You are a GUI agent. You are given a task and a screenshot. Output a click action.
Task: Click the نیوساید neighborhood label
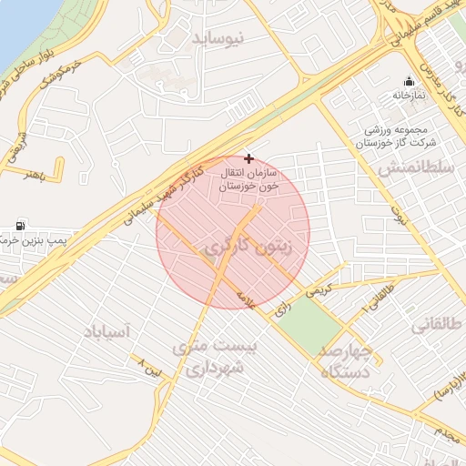coord(218,38)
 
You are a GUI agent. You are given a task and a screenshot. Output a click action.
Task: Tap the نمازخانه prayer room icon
coord(409,81)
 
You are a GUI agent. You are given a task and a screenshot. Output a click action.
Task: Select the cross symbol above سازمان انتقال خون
coord(249,158)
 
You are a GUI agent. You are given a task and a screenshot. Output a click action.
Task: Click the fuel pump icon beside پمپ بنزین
coord(20,225)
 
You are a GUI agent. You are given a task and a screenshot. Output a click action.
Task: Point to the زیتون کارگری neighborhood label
coord(250,247)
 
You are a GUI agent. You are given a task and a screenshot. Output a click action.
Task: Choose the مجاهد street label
coord(444,435)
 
